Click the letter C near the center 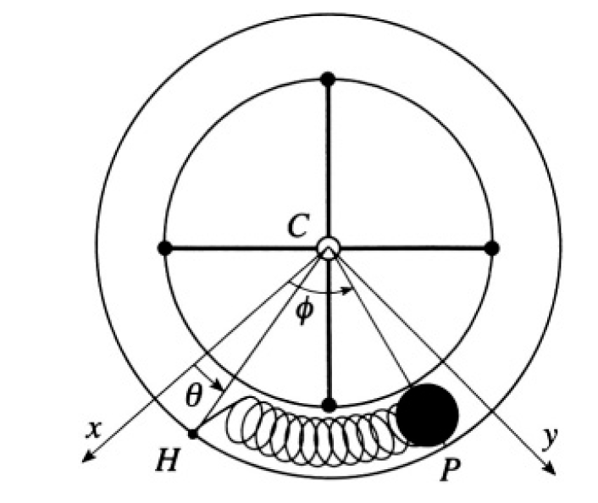coord(297,225)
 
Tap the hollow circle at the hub coord(328,248)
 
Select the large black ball coord(427,415)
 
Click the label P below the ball coord(451,469)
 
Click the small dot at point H coord(192,434)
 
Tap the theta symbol coord(193,395)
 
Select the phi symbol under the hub coord(305,310)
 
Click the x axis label coord(94,429)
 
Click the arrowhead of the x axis coord(87,457)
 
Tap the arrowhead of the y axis coord(551,470)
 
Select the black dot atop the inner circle coord(328,79)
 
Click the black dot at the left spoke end coord(165,248)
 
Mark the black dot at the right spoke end coord(492,248)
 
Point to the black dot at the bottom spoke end coord(329,405)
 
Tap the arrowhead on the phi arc coord(348,290)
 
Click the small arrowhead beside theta coord(219,385)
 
